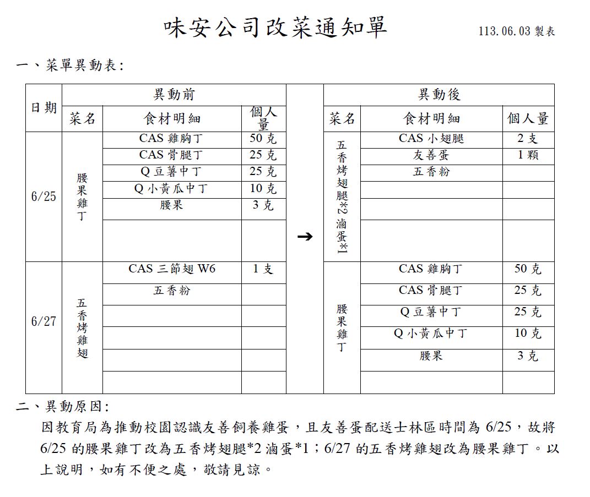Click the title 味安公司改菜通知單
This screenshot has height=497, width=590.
pyautogui.click(x=275, y=28)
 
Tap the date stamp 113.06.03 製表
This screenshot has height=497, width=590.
pyautogui.click(x=516, y=31)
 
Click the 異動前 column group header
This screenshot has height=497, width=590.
pyautogui.click(x=174, y=95)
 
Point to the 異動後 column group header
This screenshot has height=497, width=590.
pyautogui.click(x=439, y=95)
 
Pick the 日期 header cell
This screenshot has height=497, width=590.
pyautogui.click(x=44, y=108)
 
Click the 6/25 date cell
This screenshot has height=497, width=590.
pyautogui.click(x=44, y=196)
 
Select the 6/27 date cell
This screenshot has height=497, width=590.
pyautogui.click(x=44, y=321)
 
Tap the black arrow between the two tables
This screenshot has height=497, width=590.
pyautogui.click(x=305, y=237)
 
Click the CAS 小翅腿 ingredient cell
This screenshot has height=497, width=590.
pyautogui.click(x=431, y=139)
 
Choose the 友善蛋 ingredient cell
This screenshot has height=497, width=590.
pyautogui.click(x=431, y=155)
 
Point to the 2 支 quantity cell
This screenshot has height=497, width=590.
pyautogui.click(x=528, y=139)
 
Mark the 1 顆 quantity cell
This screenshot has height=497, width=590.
pyautogui.click(x=528, y=155)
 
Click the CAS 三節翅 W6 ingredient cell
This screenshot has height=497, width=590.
pyautogui.click(x=172, y=269)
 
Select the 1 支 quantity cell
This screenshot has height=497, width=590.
pyautogui.click(x=263, y=269)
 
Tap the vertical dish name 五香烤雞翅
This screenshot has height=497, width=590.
pyautogui.click(x=82, y=328)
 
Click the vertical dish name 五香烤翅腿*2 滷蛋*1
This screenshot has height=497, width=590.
pyautogui.click(x=342, y=196)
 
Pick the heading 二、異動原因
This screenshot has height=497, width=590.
pyautogui.click(x=63, y=407)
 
